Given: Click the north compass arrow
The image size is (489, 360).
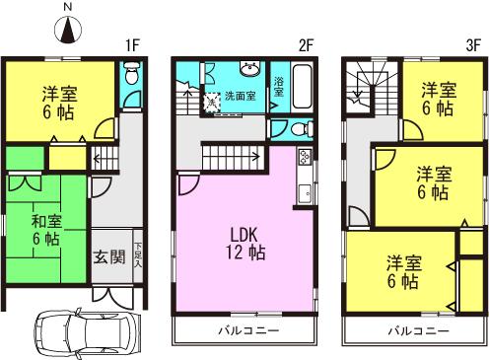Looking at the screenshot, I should [68, 32].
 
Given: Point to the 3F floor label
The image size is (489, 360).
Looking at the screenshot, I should [473, 45].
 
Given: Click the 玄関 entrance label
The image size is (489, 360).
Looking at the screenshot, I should [108, 257].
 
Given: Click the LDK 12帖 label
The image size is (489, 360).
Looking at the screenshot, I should [244, 244].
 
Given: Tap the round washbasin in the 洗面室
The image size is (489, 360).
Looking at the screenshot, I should [250, 70].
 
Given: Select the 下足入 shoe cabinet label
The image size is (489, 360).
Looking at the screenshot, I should [139, 257].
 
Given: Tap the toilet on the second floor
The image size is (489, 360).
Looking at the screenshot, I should [282, 128].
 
